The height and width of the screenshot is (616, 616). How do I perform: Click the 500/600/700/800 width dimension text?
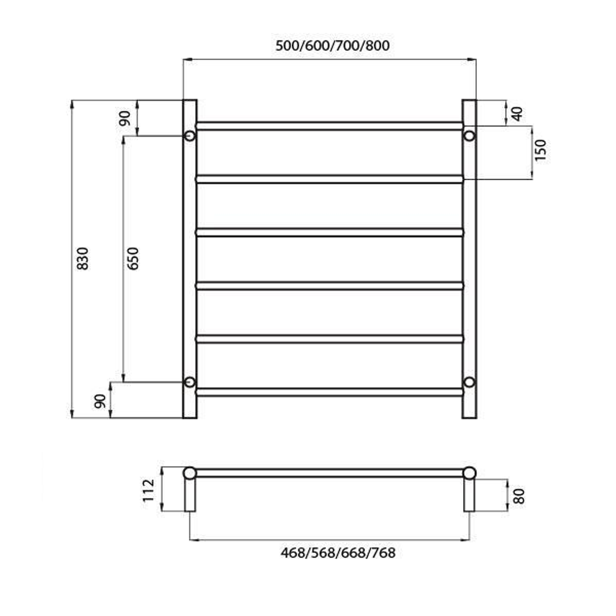(x=333, y=46)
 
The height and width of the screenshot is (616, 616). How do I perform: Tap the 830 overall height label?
(x=83, y=258)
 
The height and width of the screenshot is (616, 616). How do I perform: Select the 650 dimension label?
(x=132, y=258)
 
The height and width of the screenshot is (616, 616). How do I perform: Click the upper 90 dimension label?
(x=125, y=117)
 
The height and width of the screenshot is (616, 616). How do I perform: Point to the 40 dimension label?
(x=517, y=114)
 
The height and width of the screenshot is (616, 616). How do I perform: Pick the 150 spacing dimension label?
(x=541, y=150)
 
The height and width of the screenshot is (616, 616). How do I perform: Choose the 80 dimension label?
(x=518, y=496)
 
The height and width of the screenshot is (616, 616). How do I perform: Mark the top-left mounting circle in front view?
(x=189, y=136)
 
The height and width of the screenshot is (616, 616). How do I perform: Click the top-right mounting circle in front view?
(x=469, y=136)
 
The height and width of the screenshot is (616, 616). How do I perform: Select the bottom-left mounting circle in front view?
(x=189, y=382)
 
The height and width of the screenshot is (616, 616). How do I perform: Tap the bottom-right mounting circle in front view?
(x=469, y=382)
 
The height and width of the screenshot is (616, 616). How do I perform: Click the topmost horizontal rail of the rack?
(x=329, y=126)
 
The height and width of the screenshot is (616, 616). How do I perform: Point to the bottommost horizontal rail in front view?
(x=329, y=392)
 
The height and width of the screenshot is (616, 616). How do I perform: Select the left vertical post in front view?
(x=189, y=257)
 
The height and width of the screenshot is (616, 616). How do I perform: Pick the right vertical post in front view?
(x=469, y=257)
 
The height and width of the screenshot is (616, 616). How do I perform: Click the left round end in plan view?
(x=189, y=473)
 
